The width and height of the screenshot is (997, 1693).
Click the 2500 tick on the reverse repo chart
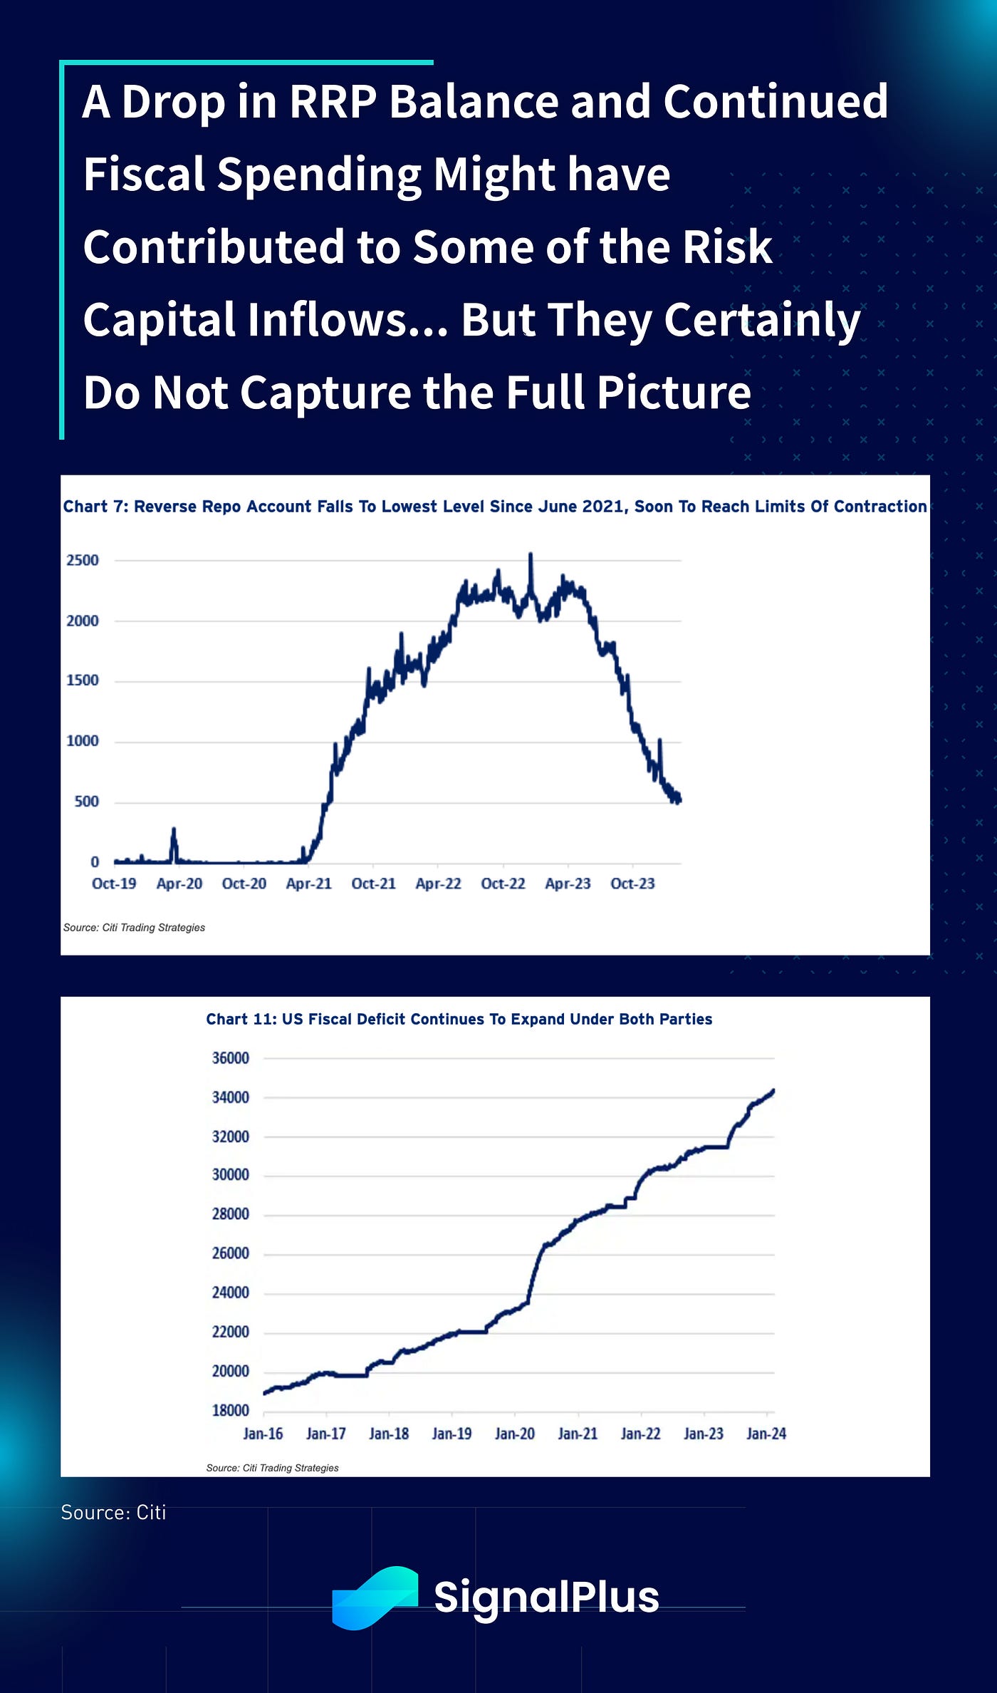point(83,560)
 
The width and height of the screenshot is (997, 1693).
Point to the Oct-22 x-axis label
point(503,884)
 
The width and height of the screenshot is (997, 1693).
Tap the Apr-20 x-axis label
point(179,884)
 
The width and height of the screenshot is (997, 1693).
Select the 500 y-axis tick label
point(86,802)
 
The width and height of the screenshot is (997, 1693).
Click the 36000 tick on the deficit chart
point(231,1058)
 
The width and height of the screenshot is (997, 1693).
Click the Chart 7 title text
point(495,507)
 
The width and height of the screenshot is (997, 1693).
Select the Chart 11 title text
point(459,1019)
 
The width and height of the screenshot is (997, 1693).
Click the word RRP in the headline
point(333,102)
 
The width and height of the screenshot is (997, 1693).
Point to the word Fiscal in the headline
point(144,175)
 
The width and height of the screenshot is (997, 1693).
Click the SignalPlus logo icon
point(375,1597)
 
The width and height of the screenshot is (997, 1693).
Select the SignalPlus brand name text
point(546,1597)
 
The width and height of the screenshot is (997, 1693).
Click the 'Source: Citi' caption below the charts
point(113,1513)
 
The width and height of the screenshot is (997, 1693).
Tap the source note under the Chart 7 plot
point(134,928)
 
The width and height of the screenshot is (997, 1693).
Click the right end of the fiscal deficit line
point(773,1091)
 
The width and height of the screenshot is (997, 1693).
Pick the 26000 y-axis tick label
point(231,1253)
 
